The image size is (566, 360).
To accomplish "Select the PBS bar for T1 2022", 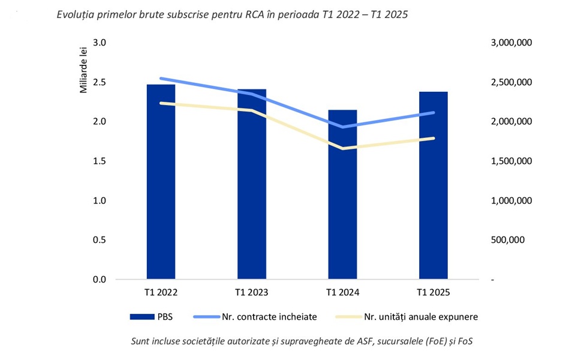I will coord(161,192).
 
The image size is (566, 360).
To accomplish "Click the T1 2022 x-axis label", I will coord(161,293).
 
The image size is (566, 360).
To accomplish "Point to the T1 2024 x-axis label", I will coord(342,293).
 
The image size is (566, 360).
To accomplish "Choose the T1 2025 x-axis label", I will coord(433,293).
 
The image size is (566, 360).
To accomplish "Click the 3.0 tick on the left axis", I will coord(100,43).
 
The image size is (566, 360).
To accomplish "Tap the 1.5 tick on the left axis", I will coord(100,161).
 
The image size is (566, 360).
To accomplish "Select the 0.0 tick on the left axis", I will coord(100,280).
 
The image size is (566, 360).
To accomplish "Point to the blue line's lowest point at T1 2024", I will coord(342,127).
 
